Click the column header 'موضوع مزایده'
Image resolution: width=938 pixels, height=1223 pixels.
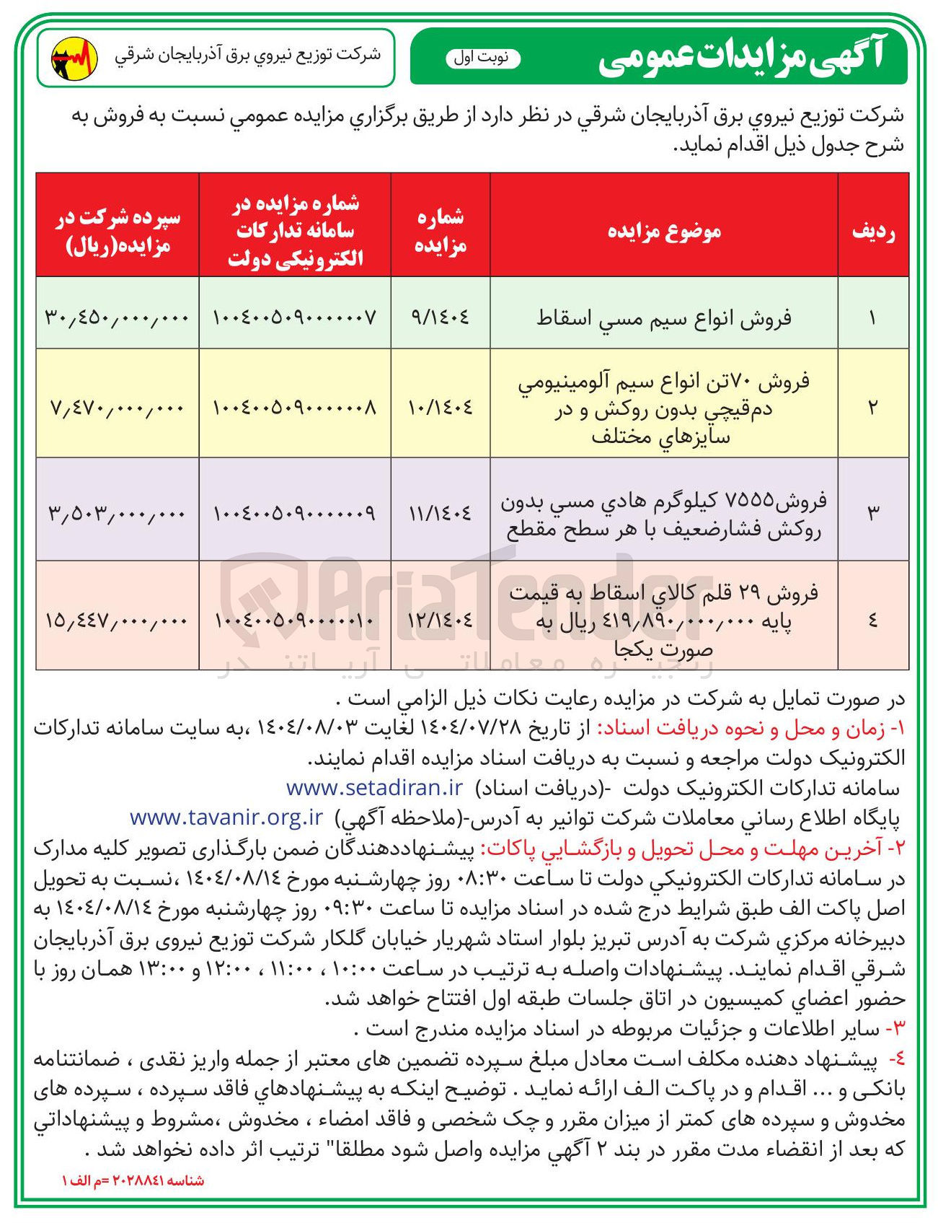click(x=664, y=231)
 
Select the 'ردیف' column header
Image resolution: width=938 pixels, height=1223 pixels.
click(x=873, y=231)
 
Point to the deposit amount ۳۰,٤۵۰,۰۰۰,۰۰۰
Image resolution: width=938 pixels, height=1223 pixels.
click(x=117, y=317)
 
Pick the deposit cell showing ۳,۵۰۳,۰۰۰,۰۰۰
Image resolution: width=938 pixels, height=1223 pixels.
click(x=117, y=513)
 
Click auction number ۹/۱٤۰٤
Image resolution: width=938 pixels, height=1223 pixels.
click(x=441, y=317)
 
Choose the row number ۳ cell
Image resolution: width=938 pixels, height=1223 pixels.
click(x=873, y=513)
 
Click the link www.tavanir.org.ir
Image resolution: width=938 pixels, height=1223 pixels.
click(x=226, y=817)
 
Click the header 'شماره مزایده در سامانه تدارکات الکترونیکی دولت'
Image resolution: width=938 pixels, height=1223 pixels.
click(x=295, y=231)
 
